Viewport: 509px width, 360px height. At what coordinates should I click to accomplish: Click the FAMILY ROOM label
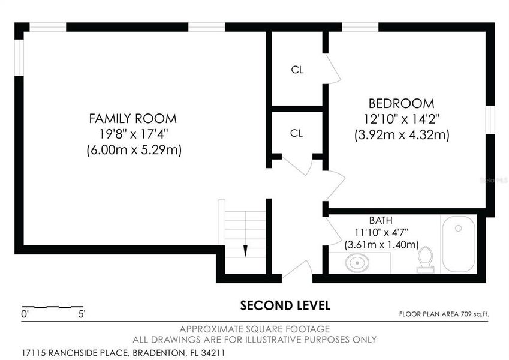coord(133,118)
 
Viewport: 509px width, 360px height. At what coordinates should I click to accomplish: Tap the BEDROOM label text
coord(401,103)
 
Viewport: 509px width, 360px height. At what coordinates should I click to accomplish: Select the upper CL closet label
coord(297,70)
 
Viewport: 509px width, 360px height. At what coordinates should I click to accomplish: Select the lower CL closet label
coord(296,133)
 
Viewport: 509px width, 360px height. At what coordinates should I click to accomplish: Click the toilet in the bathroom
coord(426,259)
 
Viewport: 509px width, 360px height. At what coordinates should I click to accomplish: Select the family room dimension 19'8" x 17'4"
coord(133,133)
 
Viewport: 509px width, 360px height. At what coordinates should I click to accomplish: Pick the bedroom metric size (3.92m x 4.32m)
coord(401,134)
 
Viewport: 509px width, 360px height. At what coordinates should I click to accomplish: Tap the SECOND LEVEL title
coord(285,305)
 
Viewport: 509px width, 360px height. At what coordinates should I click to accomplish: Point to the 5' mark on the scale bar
coord(82,313)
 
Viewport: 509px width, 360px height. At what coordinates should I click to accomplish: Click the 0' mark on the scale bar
coord(25,313)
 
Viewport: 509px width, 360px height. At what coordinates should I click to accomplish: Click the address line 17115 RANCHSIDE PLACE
coord(123,353)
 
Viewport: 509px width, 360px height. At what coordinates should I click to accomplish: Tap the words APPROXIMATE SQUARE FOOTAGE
coord(255,329)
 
